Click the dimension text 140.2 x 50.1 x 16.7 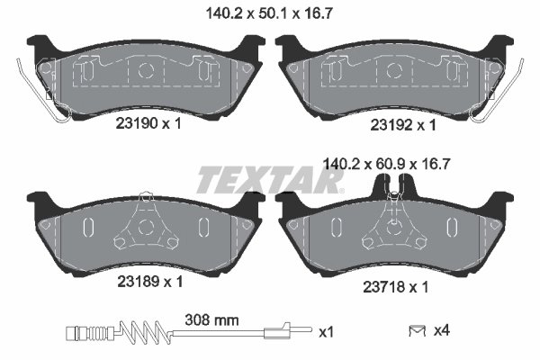point(269,12)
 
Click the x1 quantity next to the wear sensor point(326,332)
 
